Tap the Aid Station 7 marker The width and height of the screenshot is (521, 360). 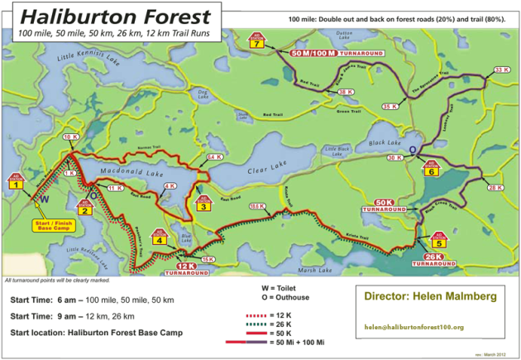coord(260,41)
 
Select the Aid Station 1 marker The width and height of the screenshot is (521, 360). coord(15,180)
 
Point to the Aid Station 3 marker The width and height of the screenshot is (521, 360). coord(203,204)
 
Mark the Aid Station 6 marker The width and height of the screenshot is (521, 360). coord(431,169)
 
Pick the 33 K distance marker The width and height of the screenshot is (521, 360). coord(501,70)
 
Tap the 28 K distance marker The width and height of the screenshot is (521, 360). coord(495,188)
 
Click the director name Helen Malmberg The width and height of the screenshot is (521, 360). coord(430,295)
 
